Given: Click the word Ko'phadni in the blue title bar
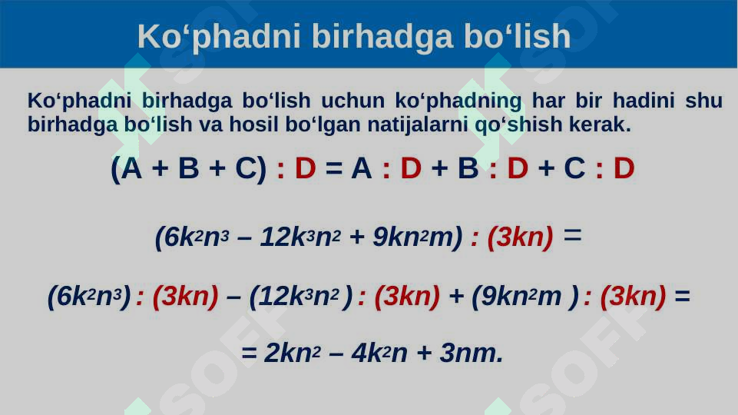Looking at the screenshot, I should point(191,36).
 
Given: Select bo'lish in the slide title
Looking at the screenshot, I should point(517,36).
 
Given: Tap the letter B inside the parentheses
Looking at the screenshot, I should point(188,169).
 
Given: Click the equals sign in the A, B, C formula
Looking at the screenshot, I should point(333,169).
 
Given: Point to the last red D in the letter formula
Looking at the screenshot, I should point(624,169).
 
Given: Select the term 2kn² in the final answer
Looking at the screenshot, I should point(290,354).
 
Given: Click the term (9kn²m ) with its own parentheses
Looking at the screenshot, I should point(525,296).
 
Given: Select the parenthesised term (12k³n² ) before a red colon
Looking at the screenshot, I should point(301,296).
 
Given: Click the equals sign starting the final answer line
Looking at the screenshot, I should point(249,354).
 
